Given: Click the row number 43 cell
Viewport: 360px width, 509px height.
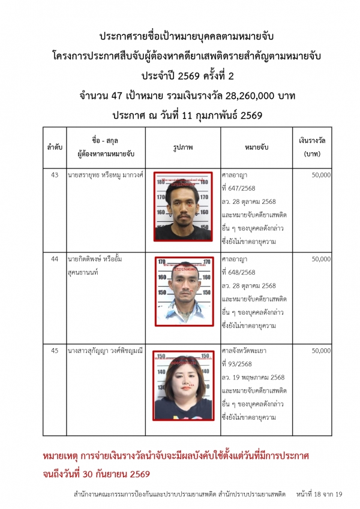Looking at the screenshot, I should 55,175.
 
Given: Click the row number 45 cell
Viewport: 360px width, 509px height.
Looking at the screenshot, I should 55,351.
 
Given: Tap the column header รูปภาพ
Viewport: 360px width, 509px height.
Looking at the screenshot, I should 182,147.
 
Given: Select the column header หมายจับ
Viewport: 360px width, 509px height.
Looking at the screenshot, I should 256,147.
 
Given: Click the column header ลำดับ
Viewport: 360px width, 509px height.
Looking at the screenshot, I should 55,147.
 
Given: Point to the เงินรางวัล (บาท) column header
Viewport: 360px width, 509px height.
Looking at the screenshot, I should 312,147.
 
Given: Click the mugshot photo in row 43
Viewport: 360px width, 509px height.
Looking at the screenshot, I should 183,207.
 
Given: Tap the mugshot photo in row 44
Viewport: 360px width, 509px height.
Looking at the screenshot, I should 183,294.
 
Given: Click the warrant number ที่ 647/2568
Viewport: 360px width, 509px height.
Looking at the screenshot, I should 239,188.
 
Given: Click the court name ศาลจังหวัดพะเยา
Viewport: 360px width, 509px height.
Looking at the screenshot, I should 247,351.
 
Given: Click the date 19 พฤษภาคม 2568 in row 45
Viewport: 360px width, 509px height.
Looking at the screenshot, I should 256,377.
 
